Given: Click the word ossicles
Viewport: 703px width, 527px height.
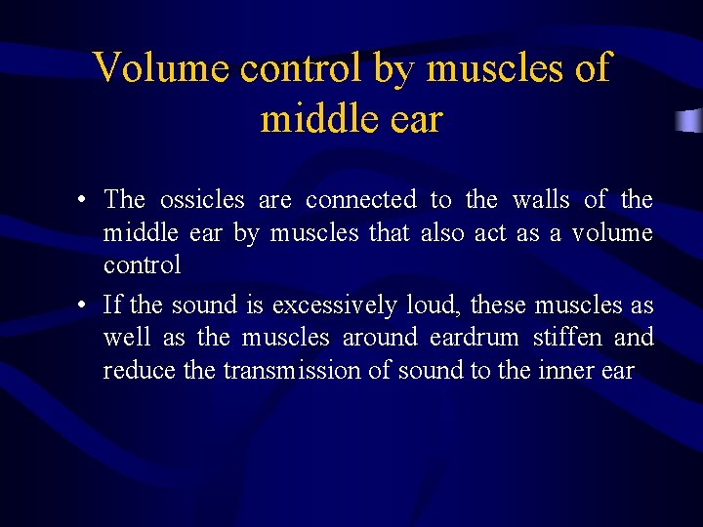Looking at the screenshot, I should pyautogui.click(x=202, y=200).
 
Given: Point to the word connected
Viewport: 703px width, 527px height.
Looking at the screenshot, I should pyautogui.click(x=361, y=200).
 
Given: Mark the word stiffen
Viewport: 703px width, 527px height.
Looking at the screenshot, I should pyautogui.click(x=569, y=339).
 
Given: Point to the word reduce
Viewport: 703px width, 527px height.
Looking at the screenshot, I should pyautogui.click(x=133, y=372).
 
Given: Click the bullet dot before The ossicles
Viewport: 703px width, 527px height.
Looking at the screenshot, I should pyautogui.click(x=85, y=201).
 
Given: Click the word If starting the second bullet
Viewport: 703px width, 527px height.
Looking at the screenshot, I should pyautogui.click(x=111, y=305).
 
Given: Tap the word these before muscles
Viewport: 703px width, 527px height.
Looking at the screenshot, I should pyautogui.click(x=499, y=305).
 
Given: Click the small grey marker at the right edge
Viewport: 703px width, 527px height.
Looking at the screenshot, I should pyautogui.click(x=690, y=121).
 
